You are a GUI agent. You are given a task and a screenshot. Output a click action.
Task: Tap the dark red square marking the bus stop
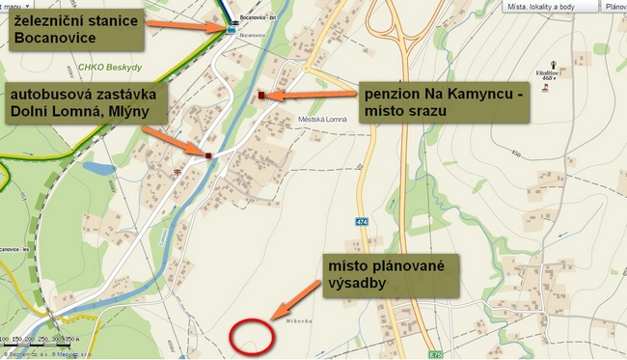tap(207, 154)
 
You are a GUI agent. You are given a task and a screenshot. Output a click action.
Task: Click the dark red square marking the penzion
tap(261, 96)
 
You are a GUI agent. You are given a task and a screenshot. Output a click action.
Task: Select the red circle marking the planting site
tap(252, 334)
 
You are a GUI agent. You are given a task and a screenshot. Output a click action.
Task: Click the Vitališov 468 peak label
tap(550, 75)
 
